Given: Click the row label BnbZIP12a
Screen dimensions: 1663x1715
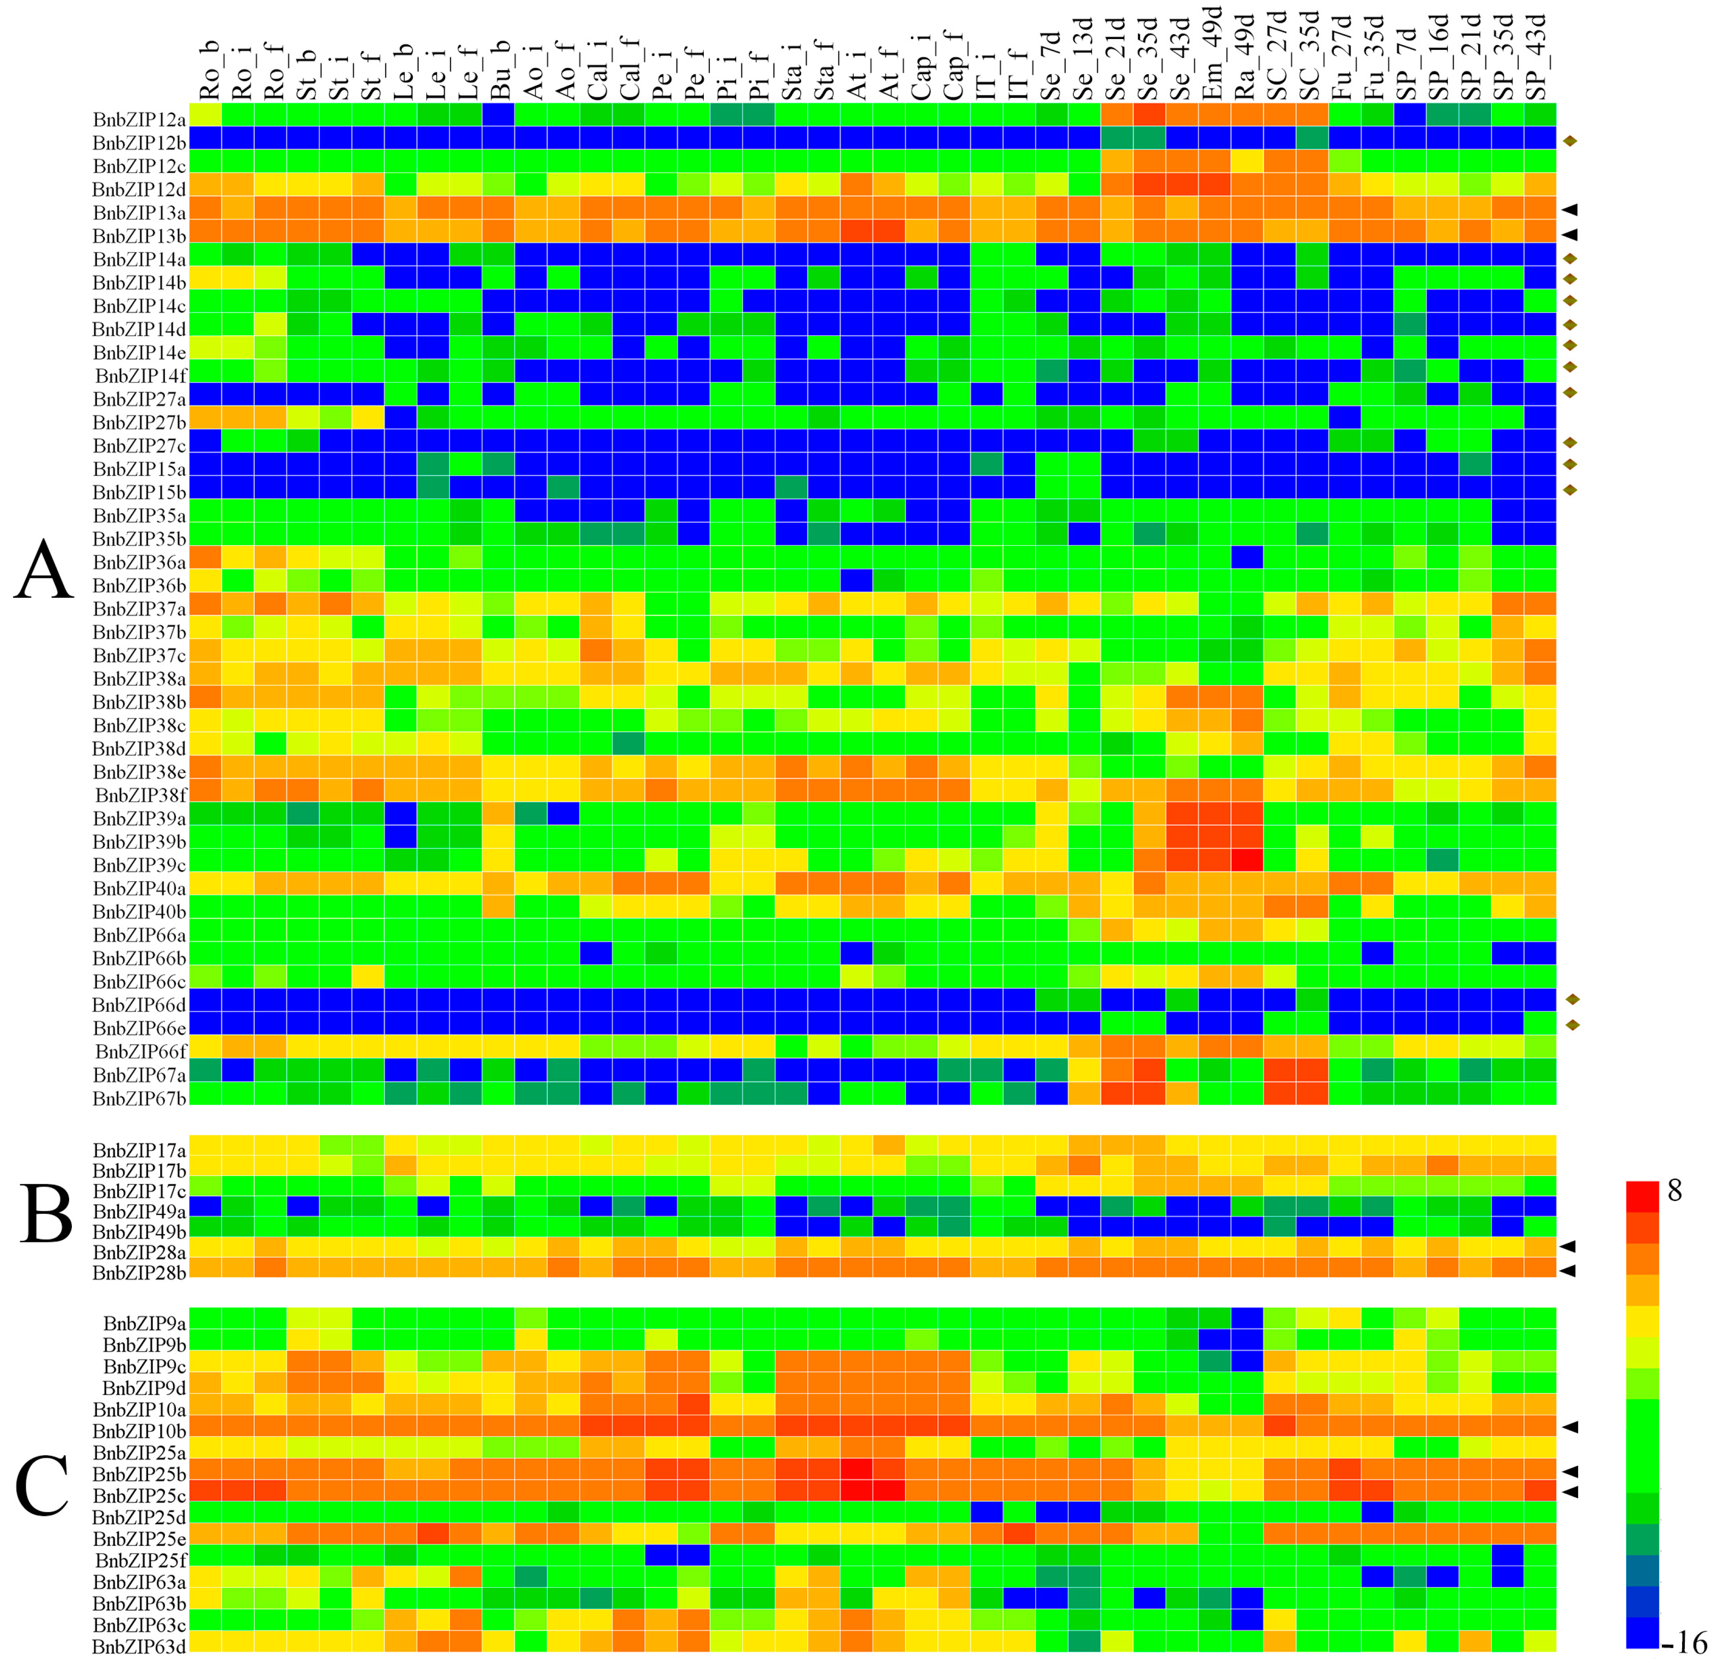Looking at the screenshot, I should click(x=139, y=117).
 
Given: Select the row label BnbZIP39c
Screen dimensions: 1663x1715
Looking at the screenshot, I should click(x=139, y=865).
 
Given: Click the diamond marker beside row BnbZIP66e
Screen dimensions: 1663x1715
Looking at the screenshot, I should click(x=1572, y=1024).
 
